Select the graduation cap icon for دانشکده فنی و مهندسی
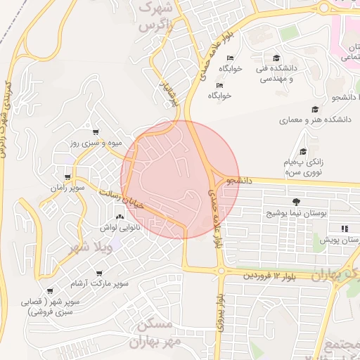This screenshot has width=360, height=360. coord(276,58)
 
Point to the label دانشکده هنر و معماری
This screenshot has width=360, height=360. coord(315,120)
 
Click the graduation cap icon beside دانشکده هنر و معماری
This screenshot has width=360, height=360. coord(316,108)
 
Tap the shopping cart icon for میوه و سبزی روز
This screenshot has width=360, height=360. coord(96,131)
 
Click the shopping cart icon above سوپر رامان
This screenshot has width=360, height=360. coord(67,176)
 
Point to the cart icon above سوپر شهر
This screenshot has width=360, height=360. coord(49,290)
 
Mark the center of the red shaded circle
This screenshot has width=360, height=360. coord(181,180)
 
